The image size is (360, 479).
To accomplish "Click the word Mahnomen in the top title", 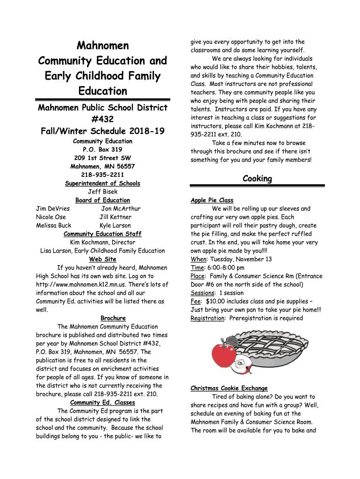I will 102,46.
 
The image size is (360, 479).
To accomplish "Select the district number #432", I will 102,120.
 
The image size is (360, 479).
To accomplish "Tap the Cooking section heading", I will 257,179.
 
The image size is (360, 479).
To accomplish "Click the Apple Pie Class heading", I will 212,200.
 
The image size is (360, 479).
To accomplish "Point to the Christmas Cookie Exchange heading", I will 229,388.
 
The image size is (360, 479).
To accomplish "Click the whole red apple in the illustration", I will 224,355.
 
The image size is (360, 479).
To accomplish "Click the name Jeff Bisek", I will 102,192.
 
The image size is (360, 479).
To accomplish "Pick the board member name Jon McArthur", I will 121,209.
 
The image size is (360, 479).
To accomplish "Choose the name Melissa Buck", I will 54,225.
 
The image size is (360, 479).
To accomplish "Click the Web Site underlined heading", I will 102,259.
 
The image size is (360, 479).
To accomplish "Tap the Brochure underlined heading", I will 113,318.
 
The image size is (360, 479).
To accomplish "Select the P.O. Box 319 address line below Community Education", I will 102,150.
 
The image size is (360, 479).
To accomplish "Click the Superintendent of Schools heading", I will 102,183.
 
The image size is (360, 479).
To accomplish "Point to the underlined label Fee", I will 195,301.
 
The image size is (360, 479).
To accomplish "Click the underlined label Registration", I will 207,318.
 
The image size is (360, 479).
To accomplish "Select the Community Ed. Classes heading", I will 102,402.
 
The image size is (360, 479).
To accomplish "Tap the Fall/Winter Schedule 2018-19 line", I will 102,131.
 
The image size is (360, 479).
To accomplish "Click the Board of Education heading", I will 102,200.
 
